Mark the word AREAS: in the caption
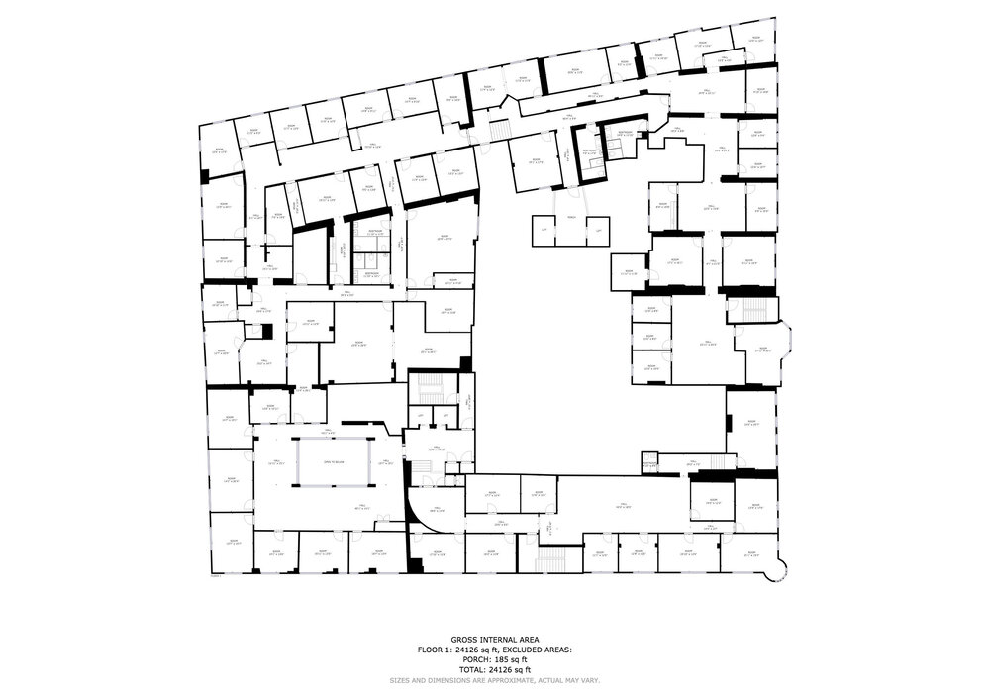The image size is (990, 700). (x=559, y=650)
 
